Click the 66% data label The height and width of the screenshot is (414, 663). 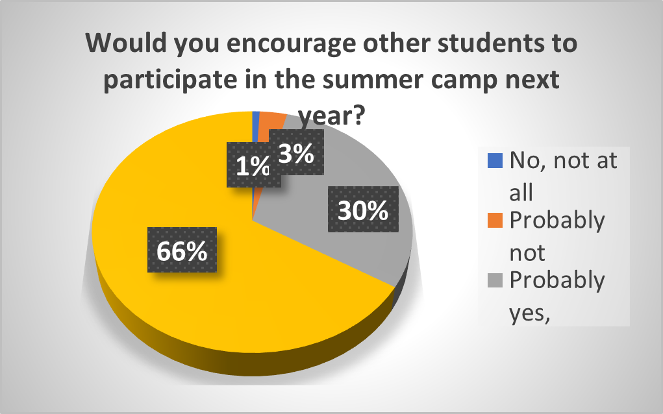pos(182,250)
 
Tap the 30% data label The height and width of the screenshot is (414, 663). pos(363,210)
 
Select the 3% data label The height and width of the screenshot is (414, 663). pos(297,152)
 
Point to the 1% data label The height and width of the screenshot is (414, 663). pos(253,165)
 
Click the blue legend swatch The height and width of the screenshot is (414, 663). pos(495,161)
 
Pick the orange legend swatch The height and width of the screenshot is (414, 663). pos(495,221)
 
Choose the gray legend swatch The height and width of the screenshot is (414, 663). pos(495,280)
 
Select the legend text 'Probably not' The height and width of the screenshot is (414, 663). pos(557,236)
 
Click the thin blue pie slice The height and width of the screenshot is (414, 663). pos(255,127)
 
